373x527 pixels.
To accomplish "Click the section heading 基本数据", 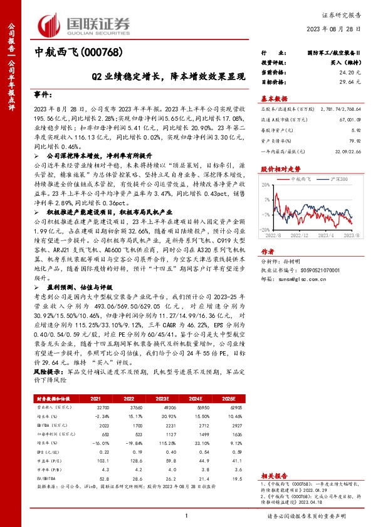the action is (274, 98).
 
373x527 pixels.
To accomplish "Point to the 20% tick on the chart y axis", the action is (266, 185).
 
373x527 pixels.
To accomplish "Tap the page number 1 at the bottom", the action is (186, 516).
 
